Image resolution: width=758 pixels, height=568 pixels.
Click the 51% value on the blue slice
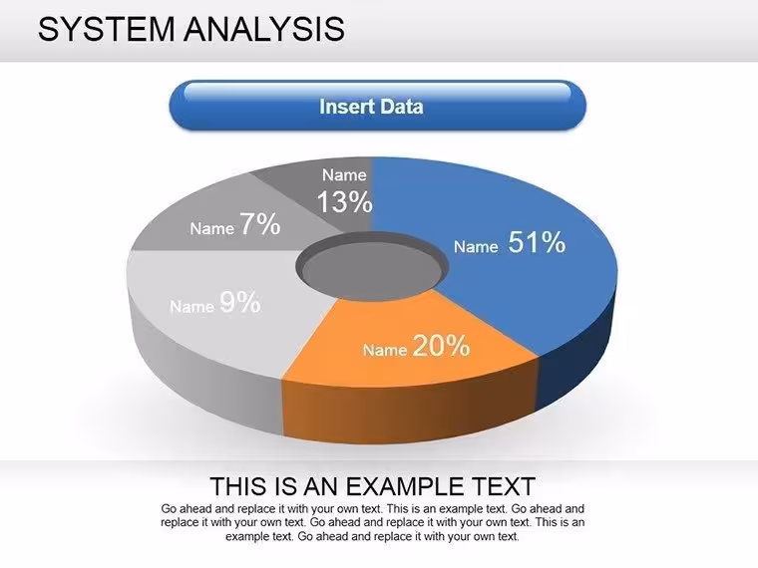537,242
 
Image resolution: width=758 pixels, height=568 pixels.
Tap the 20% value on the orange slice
442,346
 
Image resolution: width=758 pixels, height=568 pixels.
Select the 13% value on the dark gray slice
345,201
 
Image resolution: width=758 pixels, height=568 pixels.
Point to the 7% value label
260,224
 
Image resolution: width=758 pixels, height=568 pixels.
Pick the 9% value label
240,302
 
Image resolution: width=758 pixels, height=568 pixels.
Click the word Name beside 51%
476,247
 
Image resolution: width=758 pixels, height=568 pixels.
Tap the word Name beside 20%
385,350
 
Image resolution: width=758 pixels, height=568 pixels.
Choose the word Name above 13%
344,174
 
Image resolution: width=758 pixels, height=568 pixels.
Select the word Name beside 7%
211,228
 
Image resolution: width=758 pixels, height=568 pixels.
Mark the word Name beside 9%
191,306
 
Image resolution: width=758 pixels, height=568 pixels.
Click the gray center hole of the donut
371,268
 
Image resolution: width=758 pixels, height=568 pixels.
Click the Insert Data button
378,106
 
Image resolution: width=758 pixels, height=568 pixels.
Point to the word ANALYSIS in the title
264,29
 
